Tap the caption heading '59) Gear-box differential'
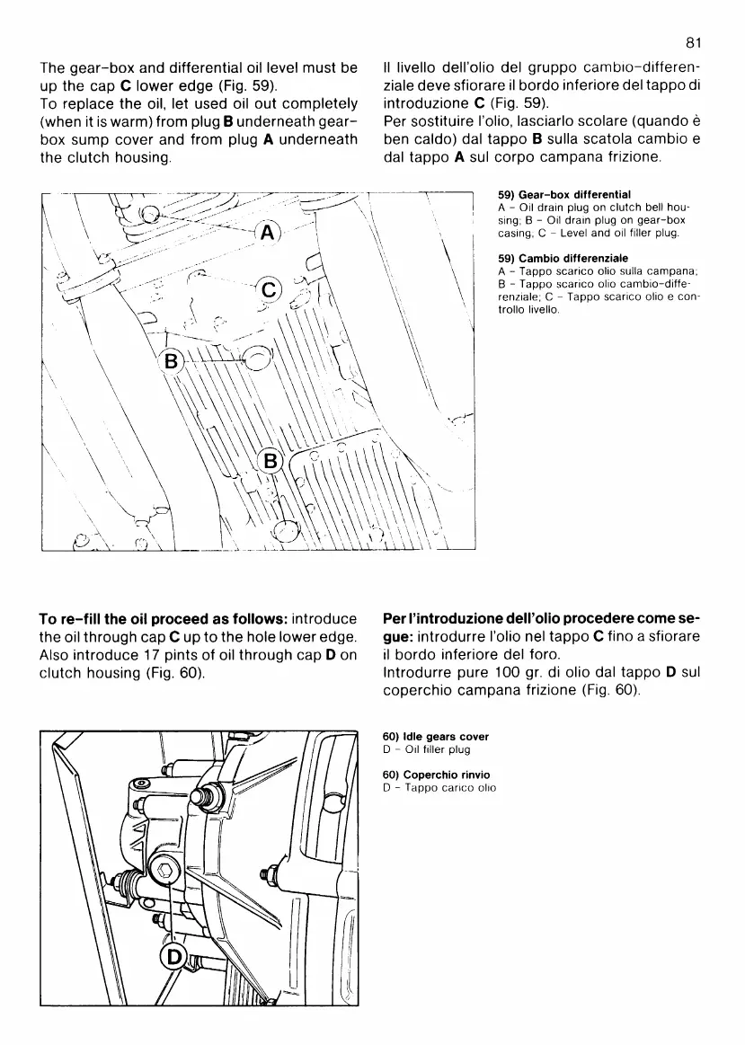564,194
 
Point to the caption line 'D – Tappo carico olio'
439,788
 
